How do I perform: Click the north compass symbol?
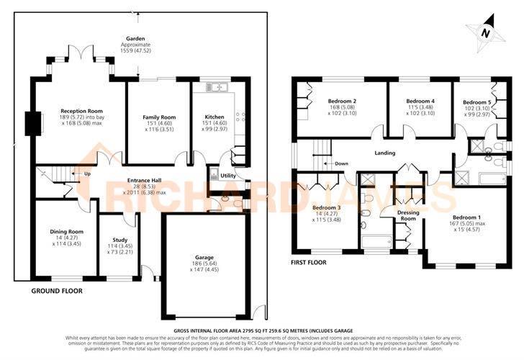tap(486, 33)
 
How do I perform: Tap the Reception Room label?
tap(81, 112)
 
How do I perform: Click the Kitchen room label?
tap(214, 117)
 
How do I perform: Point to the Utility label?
tap(228, 175)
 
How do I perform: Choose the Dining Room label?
tap(67, 231)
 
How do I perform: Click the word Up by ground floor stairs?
tap(87, 174)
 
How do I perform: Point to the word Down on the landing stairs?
tap(341, 163)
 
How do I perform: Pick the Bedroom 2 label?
tap(343, 101)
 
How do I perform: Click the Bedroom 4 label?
tap(420, 101)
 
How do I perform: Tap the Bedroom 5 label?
tap(476, 102)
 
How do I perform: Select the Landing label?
tap(386, 153)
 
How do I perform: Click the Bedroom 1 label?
tap(466, 217)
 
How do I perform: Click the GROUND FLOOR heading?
tap(57, 291)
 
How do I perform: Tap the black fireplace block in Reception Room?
tap(30, 123)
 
